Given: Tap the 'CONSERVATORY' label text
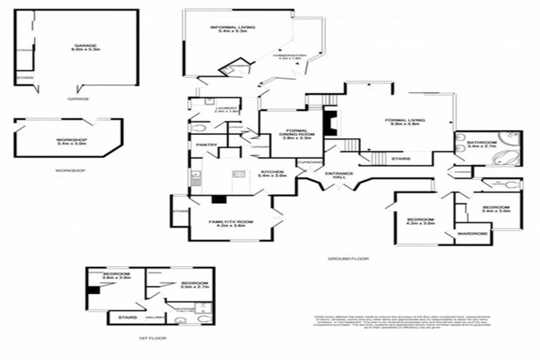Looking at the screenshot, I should [290, 57].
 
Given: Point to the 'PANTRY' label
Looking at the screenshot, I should [205, 145].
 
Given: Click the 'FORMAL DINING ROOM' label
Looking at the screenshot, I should [292, 132].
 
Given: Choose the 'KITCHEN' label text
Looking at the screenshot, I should [271, 174].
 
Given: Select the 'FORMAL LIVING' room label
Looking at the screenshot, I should [404, 122].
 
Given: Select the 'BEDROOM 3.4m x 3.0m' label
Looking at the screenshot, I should [495, 209].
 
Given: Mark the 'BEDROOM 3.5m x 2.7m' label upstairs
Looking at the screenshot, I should [175, 285].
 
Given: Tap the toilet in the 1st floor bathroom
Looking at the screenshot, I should [203, 319].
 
